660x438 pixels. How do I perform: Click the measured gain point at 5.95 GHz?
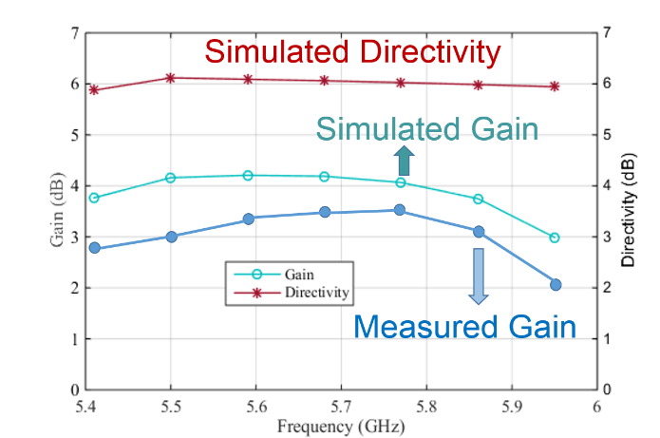tap(556, 285)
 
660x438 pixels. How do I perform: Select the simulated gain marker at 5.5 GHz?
tap(171, 178)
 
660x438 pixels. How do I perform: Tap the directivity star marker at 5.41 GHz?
tap(94, 90)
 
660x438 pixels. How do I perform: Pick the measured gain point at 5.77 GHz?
tap(400, 210)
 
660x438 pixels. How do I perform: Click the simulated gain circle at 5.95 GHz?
tap(556, 238)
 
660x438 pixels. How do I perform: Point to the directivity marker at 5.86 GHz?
tap(478, 85)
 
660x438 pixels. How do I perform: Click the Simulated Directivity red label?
tap(352, 51)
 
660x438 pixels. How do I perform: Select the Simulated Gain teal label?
tap(426, 128)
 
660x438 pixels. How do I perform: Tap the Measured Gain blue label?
tap(464, 328)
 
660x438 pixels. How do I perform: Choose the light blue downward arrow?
tap(479, 276)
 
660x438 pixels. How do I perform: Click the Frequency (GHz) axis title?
tap(341, 427)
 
